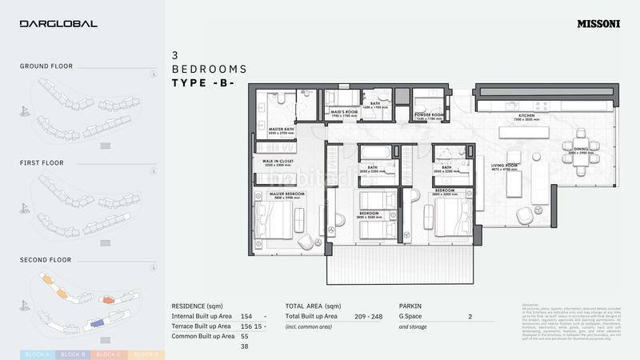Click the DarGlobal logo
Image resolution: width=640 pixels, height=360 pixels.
[x=58, y=24]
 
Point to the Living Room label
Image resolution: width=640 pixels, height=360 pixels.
[x=506, y=166]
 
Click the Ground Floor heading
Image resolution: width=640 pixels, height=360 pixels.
[x=46, y=66]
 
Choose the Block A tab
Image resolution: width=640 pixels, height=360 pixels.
[x=37, y=354]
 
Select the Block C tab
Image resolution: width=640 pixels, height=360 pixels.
[x=108, y=354]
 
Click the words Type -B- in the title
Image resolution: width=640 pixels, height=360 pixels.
[x=202, y=82]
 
